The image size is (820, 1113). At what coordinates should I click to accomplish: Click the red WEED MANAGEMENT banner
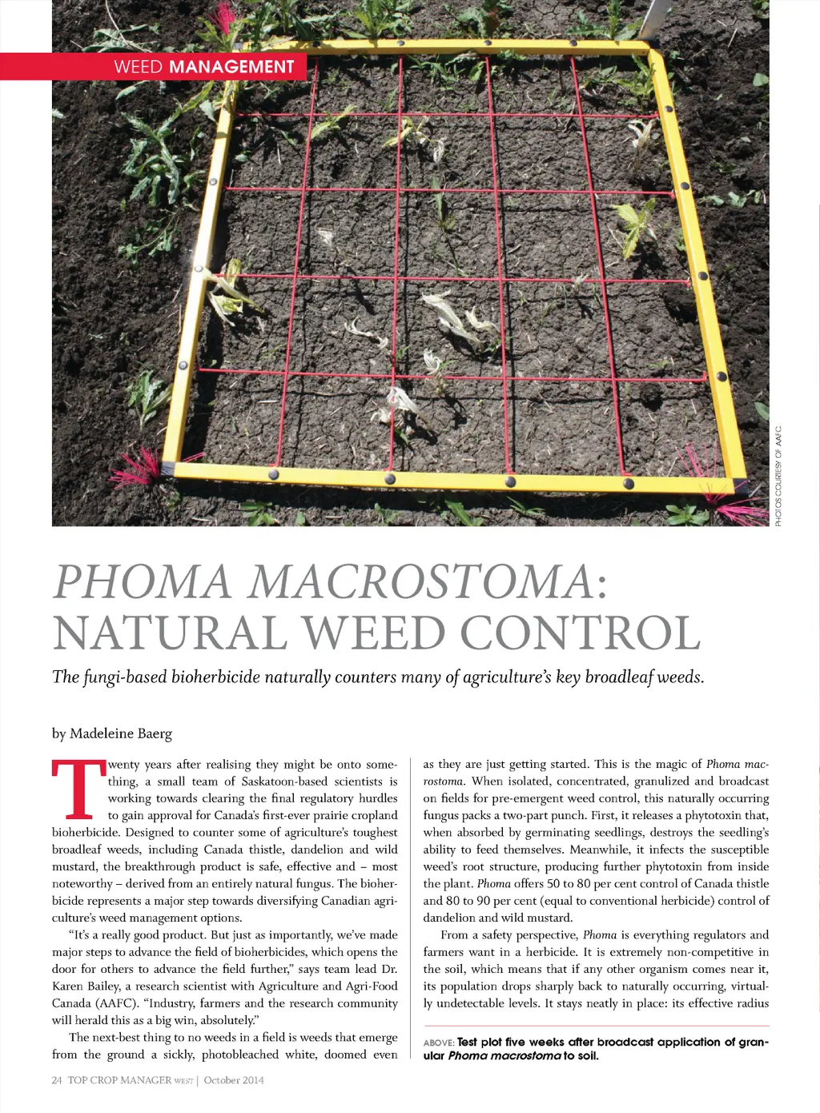click(160, 66)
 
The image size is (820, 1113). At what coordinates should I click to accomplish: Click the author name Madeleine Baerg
click(121, 733)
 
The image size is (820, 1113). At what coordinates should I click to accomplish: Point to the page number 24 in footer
click(57, 1080)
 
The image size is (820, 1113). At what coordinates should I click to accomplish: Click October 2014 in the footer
click(234, 1080)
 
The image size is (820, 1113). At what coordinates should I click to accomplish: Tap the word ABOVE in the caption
click(439, 1043)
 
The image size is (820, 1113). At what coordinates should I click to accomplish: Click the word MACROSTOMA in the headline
click(420, 582)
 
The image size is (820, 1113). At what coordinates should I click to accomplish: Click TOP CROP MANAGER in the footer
click(119, 1080)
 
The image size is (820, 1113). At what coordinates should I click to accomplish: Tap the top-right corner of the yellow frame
click(650, 51)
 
